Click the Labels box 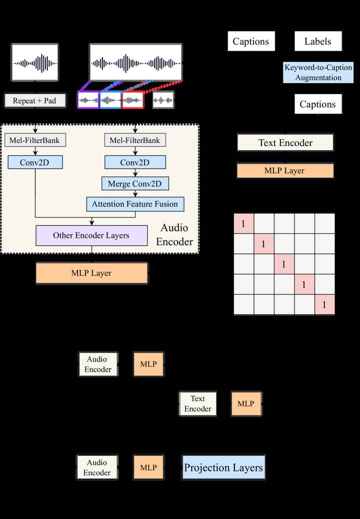click(x=318, y=41)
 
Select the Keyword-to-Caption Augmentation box click(x=318, y=72)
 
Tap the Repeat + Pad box click(x=34, y=100)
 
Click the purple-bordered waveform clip click(x=88, y=100)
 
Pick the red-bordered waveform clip click(x=132, y=100)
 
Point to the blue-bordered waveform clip click(x=110, y=100)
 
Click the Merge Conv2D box click(x=135, y=183)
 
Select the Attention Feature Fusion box click(x=135, y=204)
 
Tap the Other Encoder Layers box click(x=91, y=235)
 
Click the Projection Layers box click(x=223, y=467)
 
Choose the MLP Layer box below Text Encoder click(x=285, y=171)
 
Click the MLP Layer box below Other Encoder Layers click(x=91, y=273)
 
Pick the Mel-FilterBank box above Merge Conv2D click(x=135, y=140)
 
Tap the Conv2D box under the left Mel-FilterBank click(x=35, y=162)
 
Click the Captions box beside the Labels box click(x=251, y=41)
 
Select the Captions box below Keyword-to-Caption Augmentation click(x=318, y=104)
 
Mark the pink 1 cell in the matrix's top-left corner click(x=244, y=223)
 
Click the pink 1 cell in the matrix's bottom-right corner click(x=324, y=304)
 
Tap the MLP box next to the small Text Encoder click(x=246, y=404)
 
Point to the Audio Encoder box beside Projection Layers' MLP click(x=97, y=467)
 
